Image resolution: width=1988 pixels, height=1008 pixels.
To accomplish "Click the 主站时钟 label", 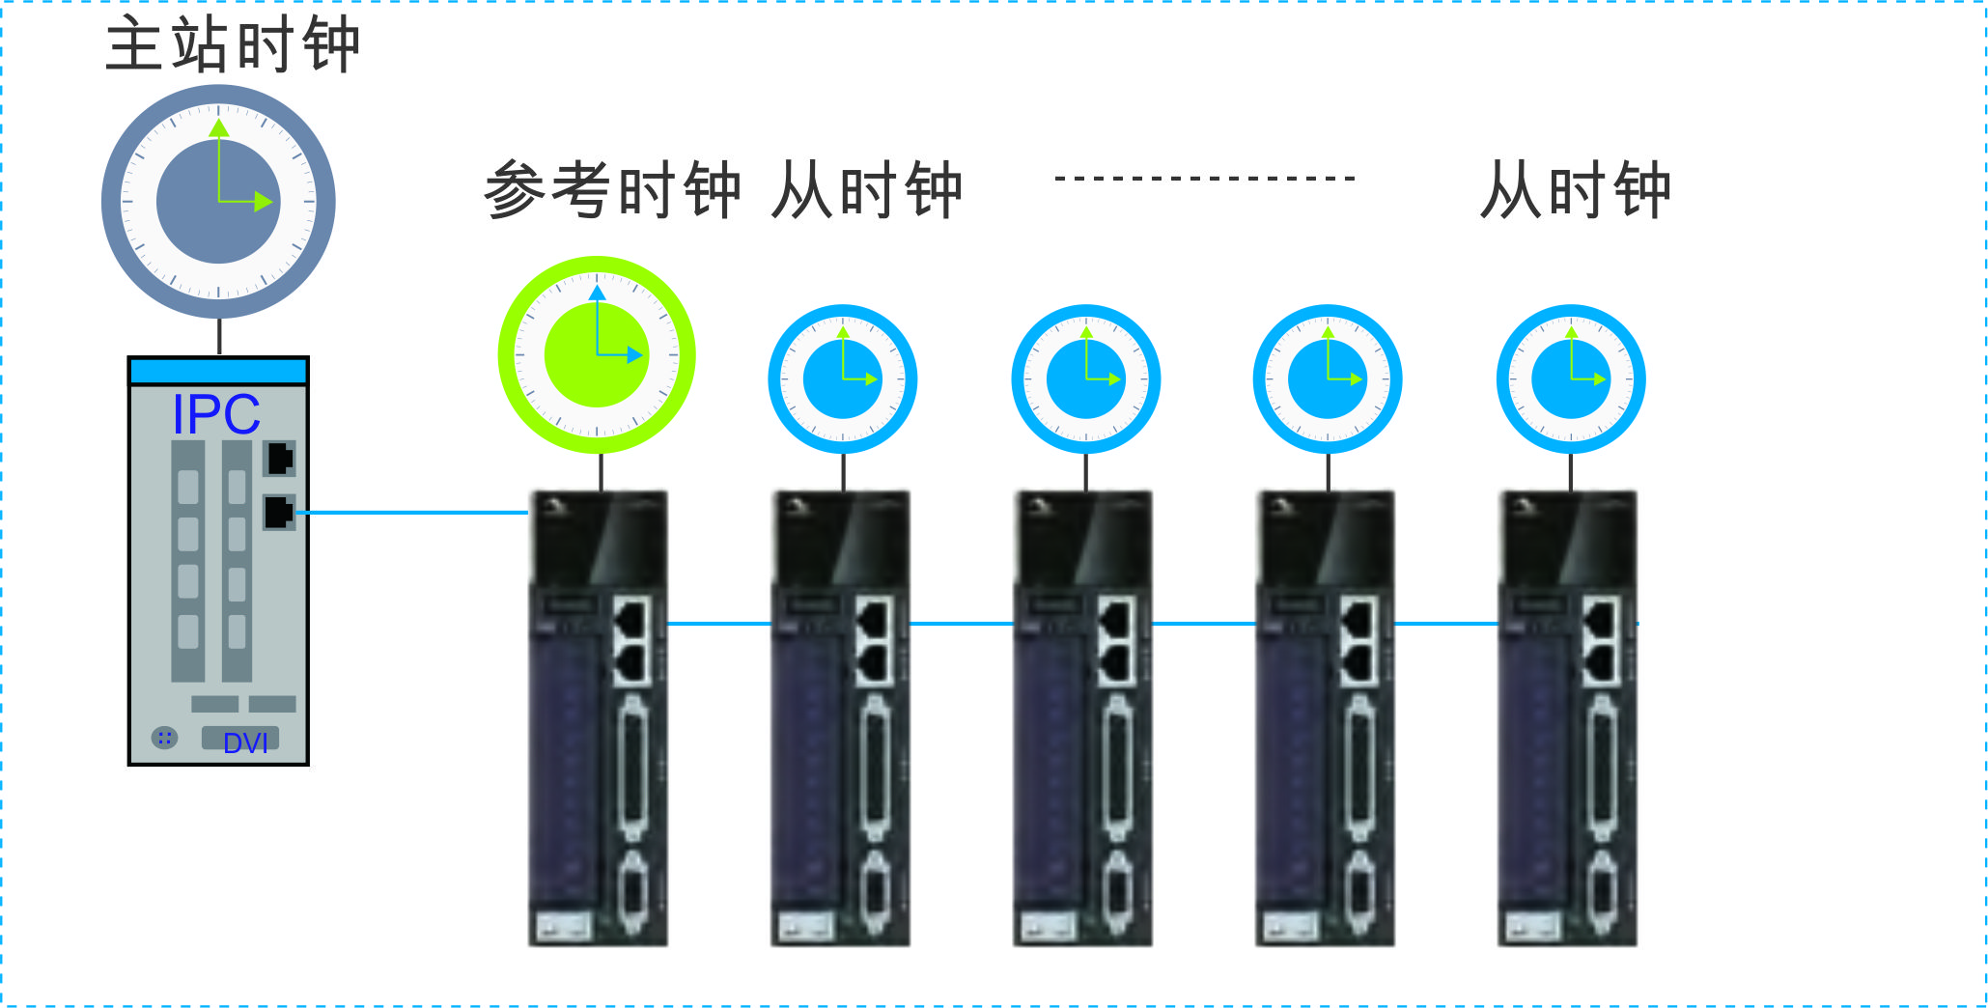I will coord(232,44).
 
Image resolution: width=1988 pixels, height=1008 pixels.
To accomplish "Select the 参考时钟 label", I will coord(612,189).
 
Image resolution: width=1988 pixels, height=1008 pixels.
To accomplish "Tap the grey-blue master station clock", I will coord(218,202).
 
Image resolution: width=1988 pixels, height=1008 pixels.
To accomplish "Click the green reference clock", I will coord(597,354).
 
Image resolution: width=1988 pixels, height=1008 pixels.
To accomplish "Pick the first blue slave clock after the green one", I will coord(843,379).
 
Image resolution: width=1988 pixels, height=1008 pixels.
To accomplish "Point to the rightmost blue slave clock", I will coord(1571,379).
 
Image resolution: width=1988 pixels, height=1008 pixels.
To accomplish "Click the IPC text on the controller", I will coord(216,414).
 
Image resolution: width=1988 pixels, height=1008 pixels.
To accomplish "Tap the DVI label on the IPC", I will coord(245,742).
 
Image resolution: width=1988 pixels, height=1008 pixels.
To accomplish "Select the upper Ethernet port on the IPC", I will coord(280,459).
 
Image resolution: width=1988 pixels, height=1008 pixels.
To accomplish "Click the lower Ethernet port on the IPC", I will coord(280,512).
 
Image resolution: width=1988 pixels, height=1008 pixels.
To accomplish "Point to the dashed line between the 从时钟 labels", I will coord(1205,179).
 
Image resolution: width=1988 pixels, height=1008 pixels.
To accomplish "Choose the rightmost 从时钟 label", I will coord(1575,189).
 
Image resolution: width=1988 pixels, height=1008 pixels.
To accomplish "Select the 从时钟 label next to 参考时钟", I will coord(866,189).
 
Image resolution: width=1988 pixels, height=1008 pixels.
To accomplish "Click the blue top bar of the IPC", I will coord(218,371).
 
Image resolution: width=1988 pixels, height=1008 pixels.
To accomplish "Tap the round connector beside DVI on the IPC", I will coord(165,739).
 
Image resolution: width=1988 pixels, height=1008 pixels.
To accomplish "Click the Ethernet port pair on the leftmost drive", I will coord(632,640).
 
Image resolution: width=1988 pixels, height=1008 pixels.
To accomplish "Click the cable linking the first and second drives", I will coord(719,624).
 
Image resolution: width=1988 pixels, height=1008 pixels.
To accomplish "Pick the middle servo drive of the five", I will coord(1082,719).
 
